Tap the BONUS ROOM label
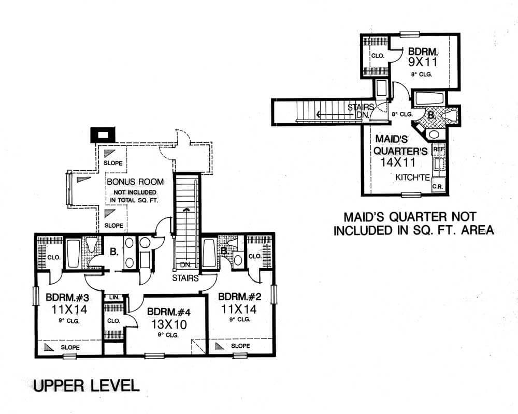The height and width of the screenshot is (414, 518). [135, 182]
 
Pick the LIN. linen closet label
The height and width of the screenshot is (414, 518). [114, 298]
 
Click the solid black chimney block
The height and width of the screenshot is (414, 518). [103, 135]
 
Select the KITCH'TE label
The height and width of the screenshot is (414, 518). [412, 177]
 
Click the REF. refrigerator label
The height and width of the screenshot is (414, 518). [439, 149]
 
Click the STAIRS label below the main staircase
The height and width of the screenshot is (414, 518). [187, 278]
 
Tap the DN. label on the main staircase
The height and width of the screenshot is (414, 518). [186, 265]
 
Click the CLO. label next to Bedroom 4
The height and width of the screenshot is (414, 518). [113, 321]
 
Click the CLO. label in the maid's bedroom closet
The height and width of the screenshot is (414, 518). [377, 56]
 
